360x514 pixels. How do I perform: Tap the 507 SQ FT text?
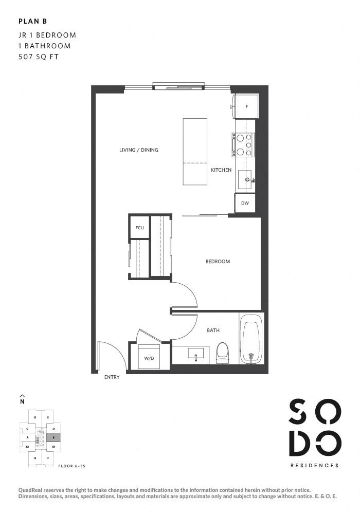tap(38, 57)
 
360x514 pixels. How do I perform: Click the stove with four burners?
tap(243, 144)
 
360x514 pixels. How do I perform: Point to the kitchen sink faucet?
tap(250, 180)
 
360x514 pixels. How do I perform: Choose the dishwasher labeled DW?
tap(245, 203)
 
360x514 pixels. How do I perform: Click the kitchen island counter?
tap(195, 152)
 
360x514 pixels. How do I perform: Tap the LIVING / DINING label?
tap(138, 150)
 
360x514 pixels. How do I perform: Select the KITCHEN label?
tap(221, 170)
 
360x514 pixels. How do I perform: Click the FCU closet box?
tap(139, 227)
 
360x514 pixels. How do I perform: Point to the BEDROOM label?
tap(218, 262)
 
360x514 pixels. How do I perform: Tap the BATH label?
tap(213, 331)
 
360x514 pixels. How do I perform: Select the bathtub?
tap(251, 342)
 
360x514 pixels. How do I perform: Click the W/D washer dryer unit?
tap(149, 357)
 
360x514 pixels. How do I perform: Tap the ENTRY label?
tap(112, 377)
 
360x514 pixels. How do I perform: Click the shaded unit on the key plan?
tap(53, 437)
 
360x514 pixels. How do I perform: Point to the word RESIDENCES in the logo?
tap(315, 466)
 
